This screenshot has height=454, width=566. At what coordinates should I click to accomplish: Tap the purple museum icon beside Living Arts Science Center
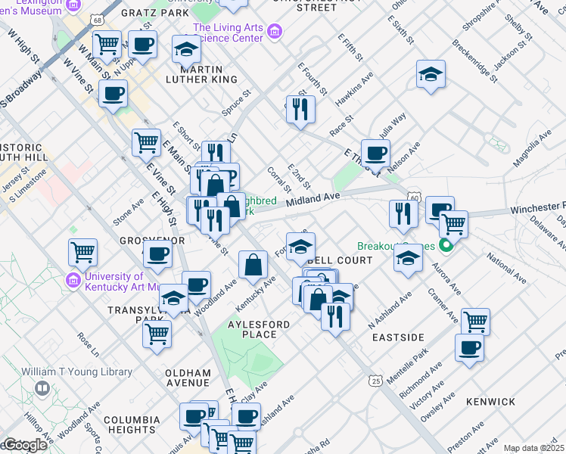[x=275, y=33]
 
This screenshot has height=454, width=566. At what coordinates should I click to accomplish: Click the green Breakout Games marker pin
[x=446, y=246]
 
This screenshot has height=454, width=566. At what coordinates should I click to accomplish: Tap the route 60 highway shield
[x=412, y=198]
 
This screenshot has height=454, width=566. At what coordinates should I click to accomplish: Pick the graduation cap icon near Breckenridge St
[x=431, y=74]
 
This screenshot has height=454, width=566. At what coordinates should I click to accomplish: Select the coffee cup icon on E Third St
[x=375, y=154]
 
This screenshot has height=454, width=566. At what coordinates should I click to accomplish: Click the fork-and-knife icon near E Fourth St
[x=301, y=109]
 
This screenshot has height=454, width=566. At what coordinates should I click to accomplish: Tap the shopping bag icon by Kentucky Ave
[x=253, y=265]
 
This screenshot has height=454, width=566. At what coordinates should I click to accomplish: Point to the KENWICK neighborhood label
[x=490, y=401]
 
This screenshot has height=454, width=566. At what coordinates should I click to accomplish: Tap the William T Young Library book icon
[x=42, y=389]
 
